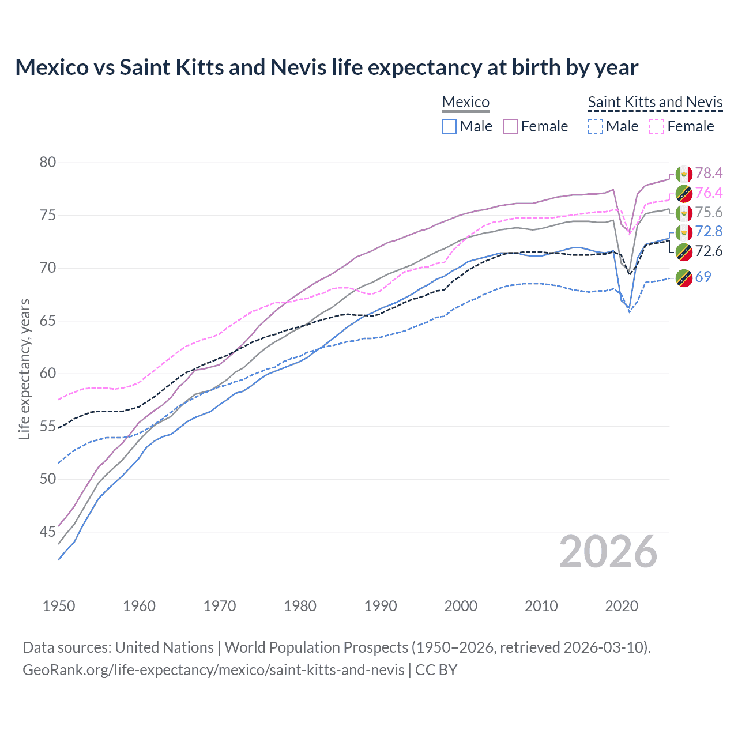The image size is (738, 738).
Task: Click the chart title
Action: pyautogui.click(x=326, y=67)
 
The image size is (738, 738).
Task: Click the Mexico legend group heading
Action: pyautogui.click(x=465, y=102)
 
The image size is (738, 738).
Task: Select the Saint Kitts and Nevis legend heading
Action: pyautogui.click(x=655, y=102)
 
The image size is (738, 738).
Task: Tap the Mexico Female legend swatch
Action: pyautogui.click(x=511, y=126)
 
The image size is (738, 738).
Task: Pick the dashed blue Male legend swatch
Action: pyautogui.click(x=596, y=126)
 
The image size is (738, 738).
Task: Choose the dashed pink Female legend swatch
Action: pyautogui.click(x=657, y=126)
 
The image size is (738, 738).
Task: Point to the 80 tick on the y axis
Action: pyautogui.click(x=48, y=162)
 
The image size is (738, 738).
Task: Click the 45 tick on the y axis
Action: pyautogui.click(x=48, y=532)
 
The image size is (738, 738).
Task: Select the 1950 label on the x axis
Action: pyautogui.click(x=59, y=606)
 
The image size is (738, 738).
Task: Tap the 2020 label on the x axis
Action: pyautogui.click(x=622, y=606)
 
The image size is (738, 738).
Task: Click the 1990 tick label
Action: pyautogui.click(x=381, y=606)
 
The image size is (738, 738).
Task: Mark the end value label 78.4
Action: pyautogui.click(x=709, y=173)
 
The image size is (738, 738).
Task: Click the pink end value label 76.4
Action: pyautogui.click(x=709, y=193)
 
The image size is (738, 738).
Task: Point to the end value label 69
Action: pyautogui.click(x=703, y=277)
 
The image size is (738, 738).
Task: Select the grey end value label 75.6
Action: pyautogui.click(x=709, y=212)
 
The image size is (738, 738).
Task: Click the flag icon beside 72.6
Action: pyautogui.click(x=684, y=251)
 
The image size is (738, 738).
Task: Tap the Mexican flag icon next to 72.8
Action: pyautogui.click(x=684, y=232)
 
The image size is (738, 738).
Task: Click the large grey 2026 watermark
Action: pyautogui.click(x=608, y=552)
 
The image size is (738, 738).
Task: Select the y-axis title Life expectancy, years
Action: pyautogui.click(x=24, y=369)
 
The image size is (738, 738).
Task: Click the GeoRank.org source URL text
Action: pyautogui.click(x=213, y=670)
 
